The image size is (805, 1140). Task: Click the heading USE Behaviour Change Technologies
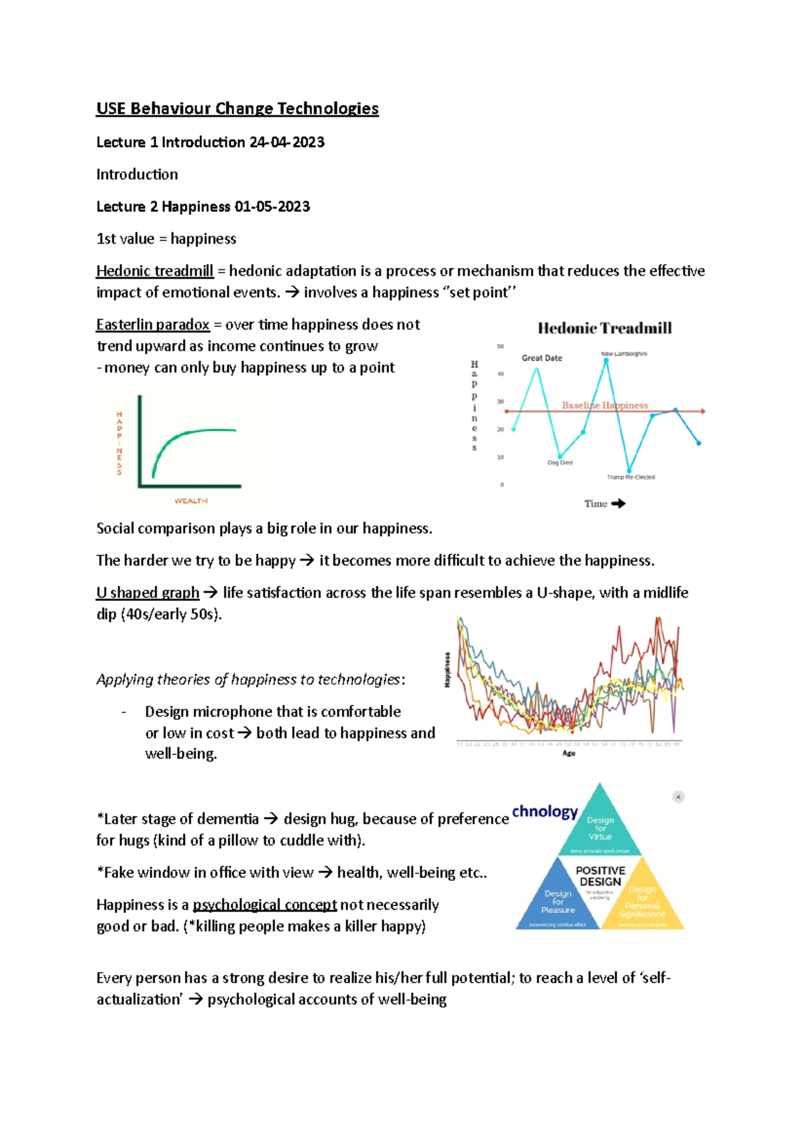tap(237, 109)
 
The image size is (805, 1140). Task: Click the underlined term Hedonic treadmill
tap(154, 271)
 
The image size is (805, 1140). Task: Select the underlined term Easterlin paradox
tap(152, 324)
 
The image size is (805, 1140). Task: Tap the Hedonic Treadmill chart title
tap(604, 328)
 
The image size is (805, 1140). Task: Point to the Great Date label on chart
tap(542, 358)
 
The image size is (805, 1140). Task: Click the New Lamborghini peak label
tap(624, 354)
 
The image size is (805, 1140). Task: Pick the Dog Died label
tap(559, 463)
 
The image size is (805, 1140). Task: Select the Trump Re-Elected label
tap(631, 477)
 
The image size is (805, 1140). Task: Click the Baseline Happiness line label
tap(604, 405)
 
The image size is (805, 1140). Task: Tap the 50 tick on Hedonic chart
tap(500, 346)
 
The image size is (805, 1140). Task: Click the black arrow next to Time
tap(619, 503)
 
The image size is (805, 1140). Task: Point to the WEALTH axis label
tap(191, 501)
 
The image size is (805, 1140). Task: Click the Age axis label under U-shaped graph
tap(569, 753)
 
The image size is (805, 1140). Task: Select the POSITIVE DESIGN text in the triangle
tap(600, 875)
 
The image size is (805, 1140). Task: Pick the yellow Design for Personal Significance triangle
tap(642, 902)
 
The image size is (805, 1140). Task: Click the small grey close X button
tap(678, 797)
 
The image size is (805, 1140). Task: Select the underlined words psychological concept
tap(264, 904)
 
